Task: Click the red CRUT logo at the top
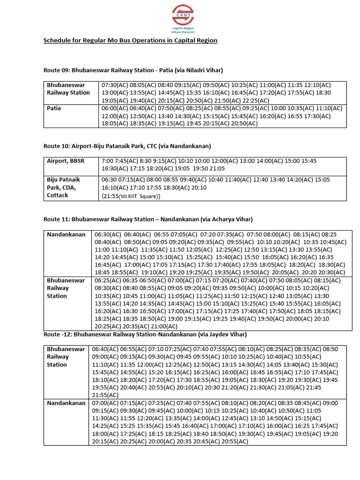click(x=182, y=14)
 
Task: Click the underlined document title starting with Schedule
click(x=130, y=40)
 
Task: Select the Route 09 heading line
click(x=133, y=70)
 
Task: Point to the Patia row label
click(x=54, y=108)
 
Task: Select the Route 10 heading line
click(x=127, y=146)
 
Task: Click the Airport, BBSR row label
click(x=66, y=161)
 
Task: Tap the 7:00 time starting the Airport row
click(x=107, y=161)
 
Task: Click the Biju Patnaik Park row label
click(x=63, y=187)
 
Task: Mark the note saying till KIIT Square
click(x=131, y=195)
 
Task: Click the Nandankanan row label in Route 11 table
click(x=66, y=234)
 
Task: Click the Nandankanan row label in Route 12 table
click(x=66, y=403)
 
